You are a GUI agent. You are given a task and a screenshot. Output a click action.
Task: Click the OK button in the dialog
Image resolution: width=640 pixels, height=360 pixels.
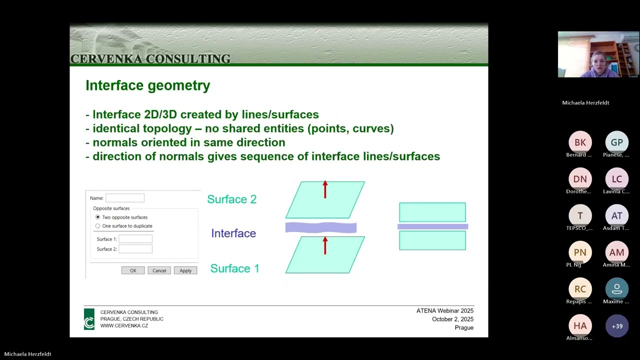[133, 270]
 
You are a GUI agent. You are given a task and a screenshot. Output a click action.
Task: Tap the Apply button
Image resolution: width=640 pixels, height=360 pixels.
[185, 270]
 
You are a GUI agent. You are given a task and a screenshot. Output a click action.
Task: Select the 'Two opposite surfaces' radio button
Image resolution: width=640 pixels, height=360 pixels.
[98, 217]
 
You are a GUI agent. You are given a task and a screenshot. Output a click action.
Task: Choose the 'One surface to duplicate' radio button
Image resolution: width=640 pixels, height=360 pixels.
[98, 226]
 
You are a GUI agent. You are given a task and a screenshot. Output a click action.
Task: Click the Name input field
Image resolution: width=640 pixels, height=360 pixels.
[125, 198]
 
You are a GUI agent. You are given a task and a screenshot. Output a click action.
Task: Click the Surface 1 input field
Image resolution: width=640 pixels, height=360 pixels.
[135, 239]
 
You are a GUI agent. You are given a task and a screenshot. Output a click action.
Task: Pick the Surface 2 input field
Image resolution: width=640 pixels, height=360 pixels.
[135, 249]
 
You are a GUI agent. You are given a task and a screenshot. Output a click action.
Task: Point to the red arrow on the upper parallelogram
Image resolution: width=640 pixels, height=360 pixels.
[325, 189]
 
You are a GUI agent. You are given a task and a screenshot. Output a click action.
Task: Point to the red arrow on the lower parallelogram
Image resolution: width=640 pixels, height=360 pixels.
[325, 245]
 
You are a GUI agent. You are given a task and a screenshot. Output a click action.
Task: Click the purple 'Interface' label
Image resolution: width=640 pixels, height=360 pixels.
[233, 233]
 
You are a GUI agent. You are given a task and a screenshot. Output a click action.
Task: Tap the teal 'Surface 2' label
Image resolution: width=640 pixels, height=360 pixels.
[232, 199]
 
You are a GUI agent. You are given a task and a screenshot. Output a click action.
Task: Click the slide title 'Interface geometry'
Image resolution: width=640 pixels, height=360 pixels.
[148, 85]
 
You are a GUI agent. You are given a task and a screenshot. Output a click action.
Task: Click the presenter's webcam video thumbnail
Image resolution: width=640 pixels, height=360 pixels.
[598, 54]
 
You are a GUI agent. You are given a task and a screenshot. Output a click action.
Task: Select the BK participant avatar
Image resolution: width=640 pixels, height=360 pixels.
[580, 142]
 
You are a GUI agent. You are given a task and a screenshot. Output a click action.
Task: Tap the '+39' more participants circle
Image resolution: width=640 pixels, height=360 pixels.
[617, 326]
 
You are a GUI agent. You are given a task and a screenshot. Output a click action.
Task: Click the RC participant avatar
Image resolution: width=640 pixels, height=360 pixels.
[580, 289]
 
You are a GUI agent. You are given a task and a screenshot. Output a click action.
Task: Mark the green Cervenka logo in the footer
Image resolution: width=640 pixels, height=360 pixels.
[89, 319]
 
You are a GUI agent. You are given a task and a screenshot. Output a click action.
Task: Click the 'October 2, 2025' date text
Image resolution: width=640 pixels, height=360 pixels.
[452, 319]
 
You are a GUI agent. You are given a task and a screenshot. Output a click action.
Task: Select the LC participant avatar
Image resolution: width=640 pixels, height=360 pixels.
[617, 179]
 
